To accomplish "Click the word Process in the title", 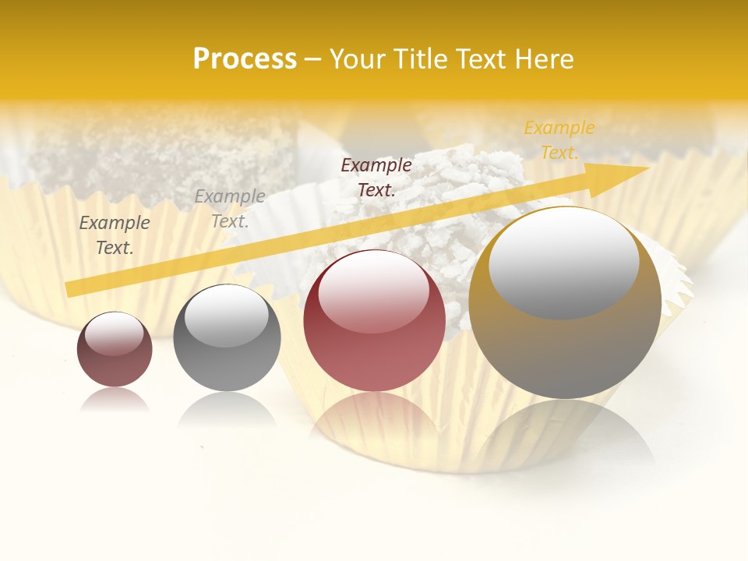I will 245,59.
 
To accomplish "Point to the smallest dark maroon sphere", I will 115,350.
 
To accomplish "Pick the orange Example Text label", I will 559,140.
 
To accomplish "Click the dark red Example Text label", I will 376,177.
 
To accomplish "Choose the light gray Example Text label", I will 230,209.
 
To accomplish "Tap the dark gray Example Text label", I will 115,235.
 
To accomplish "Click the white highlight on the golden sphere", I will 563,261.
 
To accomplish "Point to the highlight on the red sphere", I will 373,290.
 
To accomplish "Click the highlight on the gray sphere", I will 226,316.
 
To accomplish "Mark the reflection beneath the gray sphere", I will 227,408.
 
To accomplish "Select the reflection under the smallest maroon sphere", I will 115,399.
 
